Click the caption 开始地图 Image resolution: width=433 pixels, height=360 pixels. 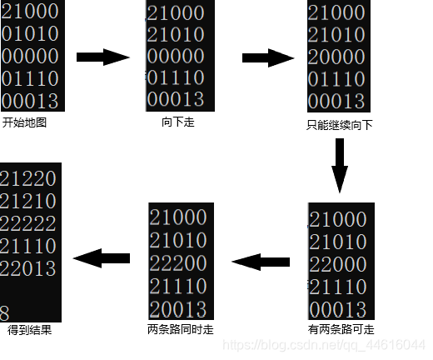pyautogui.click(x=25, y=122)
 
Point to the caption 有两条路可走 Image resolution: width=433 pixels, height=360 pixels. pyautogui.click(x=341, y=329)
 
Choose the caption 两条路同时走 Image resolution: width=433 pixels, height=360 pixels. pyautogui.click(x=180, y=329)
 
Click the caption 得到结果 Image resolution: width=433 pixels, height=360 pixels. pyautogui.click(x=29, y=329)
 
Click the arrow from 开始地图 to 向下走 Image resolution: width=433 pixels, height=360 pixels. pyautogui.click(x=103, y=57)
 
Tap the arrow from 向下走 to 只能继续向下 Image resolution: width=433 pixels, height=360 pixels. pyautogui.click(x=269, y=57)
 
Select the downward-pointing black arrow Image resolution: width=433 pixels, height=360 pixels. pyautogui.click(x=339, y=165)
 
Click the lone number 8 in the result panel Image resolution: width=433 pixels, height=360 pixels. pyautogui.click(x=5, y=312)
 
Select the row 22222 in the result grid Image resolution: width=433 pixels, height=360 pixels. pyautogui.click(x=28, y=223)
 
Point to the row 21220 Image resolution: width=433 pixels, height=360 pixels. pyautogui.click(x=28, y=178)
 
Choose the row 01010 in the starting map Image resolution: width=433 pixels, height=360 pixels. pyautogui.click(x=30, y=35)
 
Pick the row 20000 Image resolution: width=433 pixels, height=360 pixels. pyautogui.click(x=336, y=57)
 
